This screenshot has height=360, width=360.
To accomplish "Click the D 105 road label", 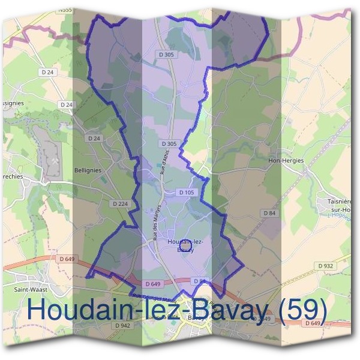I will click(186, 193).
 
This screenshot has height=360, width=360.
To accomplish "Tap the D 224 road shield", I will click(119, 204).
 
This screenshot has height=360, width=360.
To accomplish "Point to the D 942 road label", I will click(122, 325).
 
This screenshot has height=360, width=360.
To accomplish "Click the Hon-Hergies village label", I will click(286, 161).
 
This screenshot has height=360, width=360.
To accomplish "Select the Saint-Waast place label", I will click(32, 289).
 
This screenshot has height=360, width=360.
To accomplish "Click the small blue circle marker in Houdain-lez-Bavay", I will click(185, 245).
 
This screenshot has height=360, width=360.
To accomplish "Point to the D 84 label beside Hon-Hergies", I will click(269, 213).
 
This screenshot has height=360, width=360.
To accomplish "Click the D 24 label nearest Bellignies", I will click(93, 138).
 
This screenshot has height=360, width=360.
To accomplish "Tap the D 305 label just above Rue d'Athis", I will click(169, 144).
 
